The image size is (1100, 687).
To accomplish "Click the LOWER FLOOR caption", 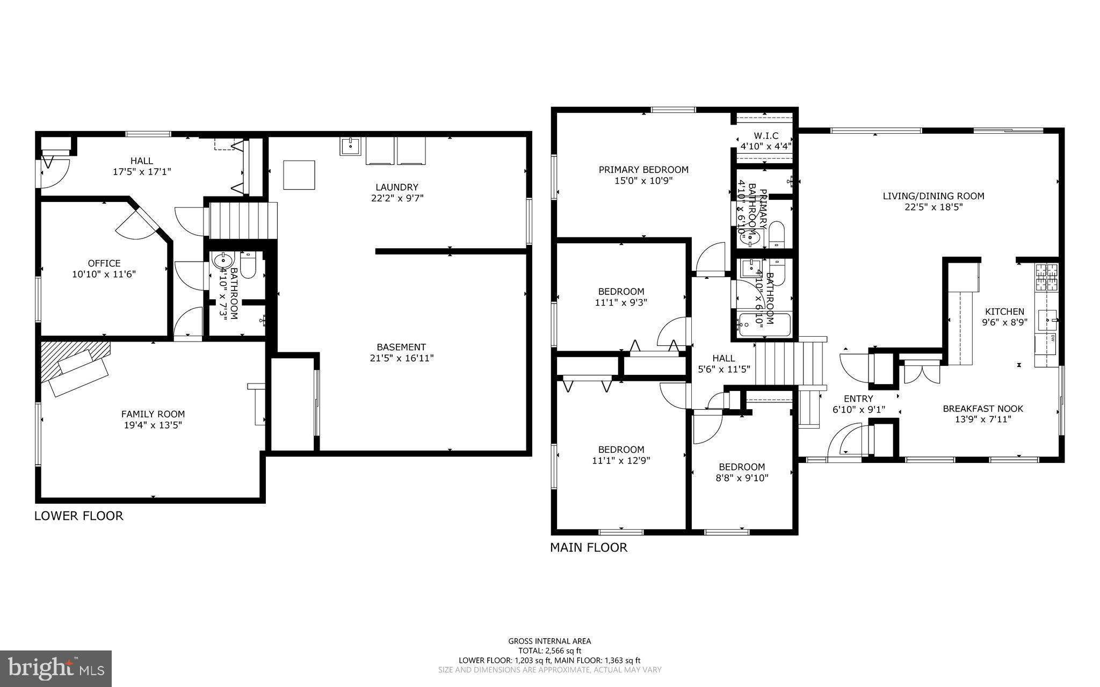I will point(79,516).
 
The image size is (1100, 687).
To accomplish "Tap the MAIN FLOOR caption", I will point(588,548).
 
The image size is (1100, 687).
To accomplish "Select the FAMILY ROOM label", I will point(153,414).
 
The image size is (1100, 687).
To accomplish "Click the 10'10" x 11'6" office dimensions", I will point(104,274).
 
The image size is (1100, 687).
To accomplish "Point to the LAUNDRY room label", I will point(396,187).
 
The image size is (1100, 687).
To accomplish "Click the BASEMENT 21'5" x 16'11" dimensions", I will point(401,358).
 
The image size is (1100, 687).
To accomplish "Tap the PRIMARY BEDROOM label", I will point(643,170).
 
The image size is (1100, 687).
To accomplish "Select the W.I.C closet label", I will point(765,136).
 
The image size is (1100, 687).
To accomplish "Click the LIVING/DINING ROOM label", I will point(933,196).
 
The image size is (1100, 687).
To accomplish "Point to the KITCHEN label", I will point(1004,312).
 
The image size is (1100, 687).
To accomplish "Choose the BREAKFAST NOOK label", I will point(983,409).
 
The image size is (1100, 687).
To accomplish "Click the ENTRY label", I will point(858,399).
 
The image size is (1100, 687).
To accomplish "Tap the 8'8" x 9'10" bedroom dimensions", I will point(742,478).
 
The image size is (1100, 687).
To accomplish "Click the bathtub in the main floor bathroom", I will point(764,325).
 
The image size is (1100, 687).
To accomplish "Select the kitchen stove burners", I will point(1045,277).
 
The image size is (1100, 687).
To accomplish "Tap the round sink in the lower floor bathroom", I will point(222,261).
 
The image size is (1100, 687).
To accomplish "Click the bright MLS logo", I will point(56,668).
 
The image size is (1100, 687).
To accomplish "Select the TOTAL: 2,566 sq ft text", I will point(549,650).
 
